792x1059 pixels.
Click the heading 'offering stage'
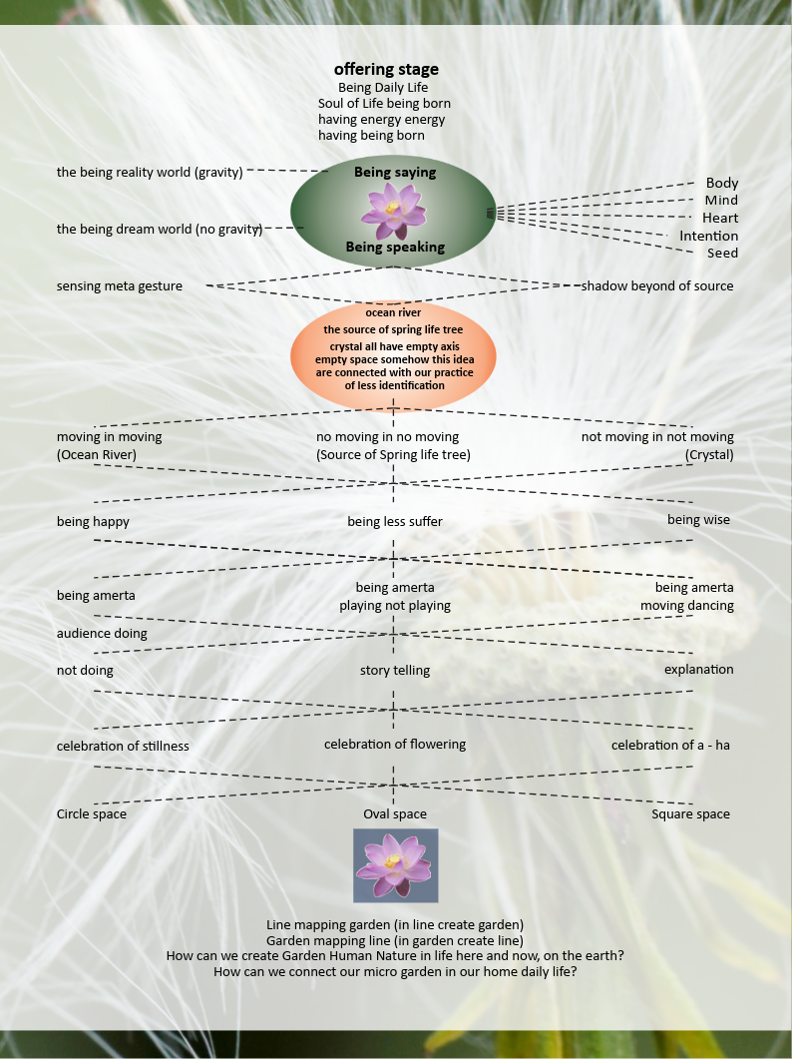coord(386,69)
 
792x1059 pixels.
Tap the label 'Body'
coord(722,183)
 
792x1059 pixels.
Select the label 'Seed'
coord(722,254)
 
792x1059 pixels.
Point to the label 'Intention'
coord(708,236)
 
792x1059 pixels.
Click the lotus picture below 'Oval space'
coord(396,865)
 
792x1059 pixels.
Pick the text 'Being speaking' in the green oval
coord(395,247)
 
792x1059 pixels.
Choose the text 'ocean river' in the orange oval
coord(393,312)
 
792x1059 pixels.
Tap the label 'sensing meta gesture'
coord(120,286)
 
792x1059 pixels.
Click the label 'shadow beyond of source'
coord(657,286)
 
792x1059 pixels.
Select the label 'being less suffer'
coord(395,521)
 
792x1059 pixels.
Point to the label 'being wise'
coord(698,520)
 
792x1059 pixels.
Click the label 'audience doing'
coord(102,633)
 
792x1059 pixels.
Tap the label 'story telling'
coord(395,671)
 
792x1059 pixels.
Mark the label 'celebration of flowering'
coord(395,745)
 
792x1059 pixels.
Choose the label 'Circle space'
coord(92,814)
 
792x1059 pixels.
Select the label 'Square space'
coord(690,814)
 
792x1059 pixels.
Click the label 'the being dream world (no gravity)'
coord(160,230)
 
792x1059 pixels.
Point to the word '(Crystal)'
coord(708,455)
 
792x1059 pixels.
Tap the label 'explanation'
coord(698,670)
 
